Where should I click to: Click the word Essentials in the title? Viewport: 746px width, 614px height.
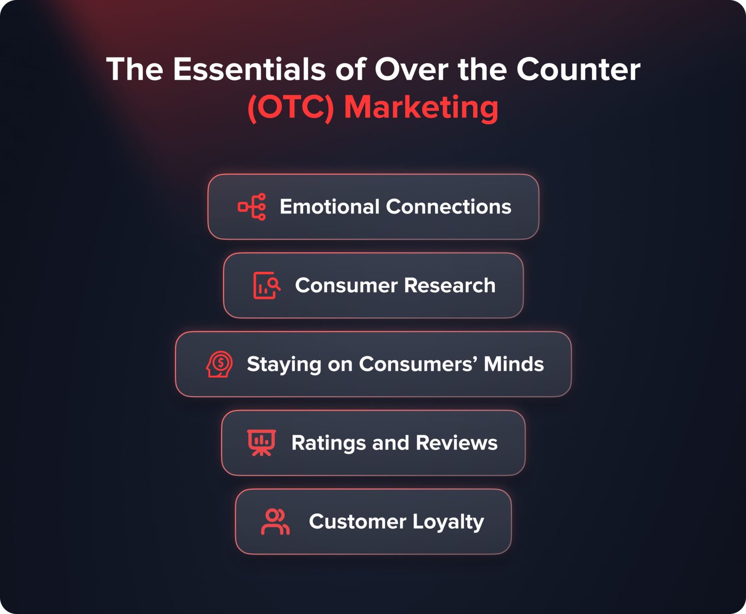[x=250, y=69]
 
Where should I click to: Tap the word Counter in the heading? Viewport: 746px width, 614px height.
[x=578, y=69]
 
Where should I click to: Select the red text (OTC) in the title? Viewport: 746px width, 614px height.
[x=290, y=107]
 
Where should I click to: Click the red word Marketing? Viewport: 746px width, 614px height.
[x=421, y=107]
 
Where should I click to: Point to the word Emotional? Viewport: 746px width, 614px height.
[x=329, y=207]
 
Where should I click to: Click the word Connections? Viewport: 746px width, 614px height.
[x=448, y=207]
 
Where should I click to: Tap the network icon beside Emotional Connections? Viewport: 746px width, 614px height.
[x=252, y=207]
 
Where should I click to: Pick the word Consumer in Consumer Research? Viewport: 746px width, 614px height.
[x=346, y=285]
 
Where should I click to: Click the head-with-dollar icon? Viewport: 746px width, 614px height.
[x=220, y=364]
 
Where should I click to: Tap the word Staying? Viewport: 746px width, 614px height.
[x=284, y=365]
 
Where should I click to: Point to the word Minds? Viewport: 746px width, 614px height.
[x=514, y=364]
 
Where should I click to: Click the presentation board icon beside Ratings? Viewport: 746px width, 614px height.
[x=261, y=443]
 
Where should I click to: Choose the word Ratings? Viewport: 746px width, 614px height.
[x=328, y=443]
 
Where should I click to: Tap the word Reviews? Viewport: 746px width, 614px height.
[x=457, y=443]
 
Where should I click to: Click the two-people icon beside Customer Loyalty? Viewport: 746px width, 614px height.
[x=275, y=522]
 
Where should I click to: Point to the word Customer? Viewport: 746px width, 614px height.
[x=357, y=522]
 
